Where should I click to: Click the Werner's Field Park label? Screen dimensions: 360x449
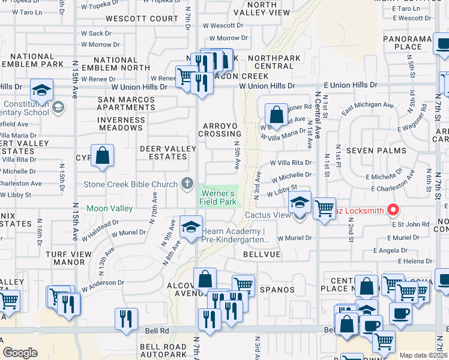[218, 198]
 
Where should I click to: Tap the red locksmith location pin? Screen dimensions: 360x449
[394, 209]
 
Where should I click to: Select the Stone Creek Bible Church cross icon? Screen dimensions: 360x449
[187, 184]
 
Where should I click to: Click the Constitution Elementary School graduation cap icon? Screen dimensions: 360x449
[41, 90]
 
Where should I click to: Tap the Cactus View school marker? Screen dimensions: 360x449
[299, 203]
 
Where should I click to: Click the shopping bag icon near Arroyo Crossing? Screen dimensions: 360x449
[276, 113]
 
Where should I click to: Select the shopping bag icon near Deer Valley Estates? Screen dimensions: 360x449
[103, 155]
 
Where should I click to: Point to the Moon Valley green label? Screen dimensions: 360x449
[109, 208]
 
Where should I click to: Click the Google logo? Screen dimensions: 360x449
[20, 353]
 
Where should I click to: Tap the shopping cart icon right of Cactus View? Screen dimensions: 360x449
[324, 209]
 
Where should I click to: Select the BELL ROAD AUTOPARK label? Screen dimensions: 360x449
[163, 351]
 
